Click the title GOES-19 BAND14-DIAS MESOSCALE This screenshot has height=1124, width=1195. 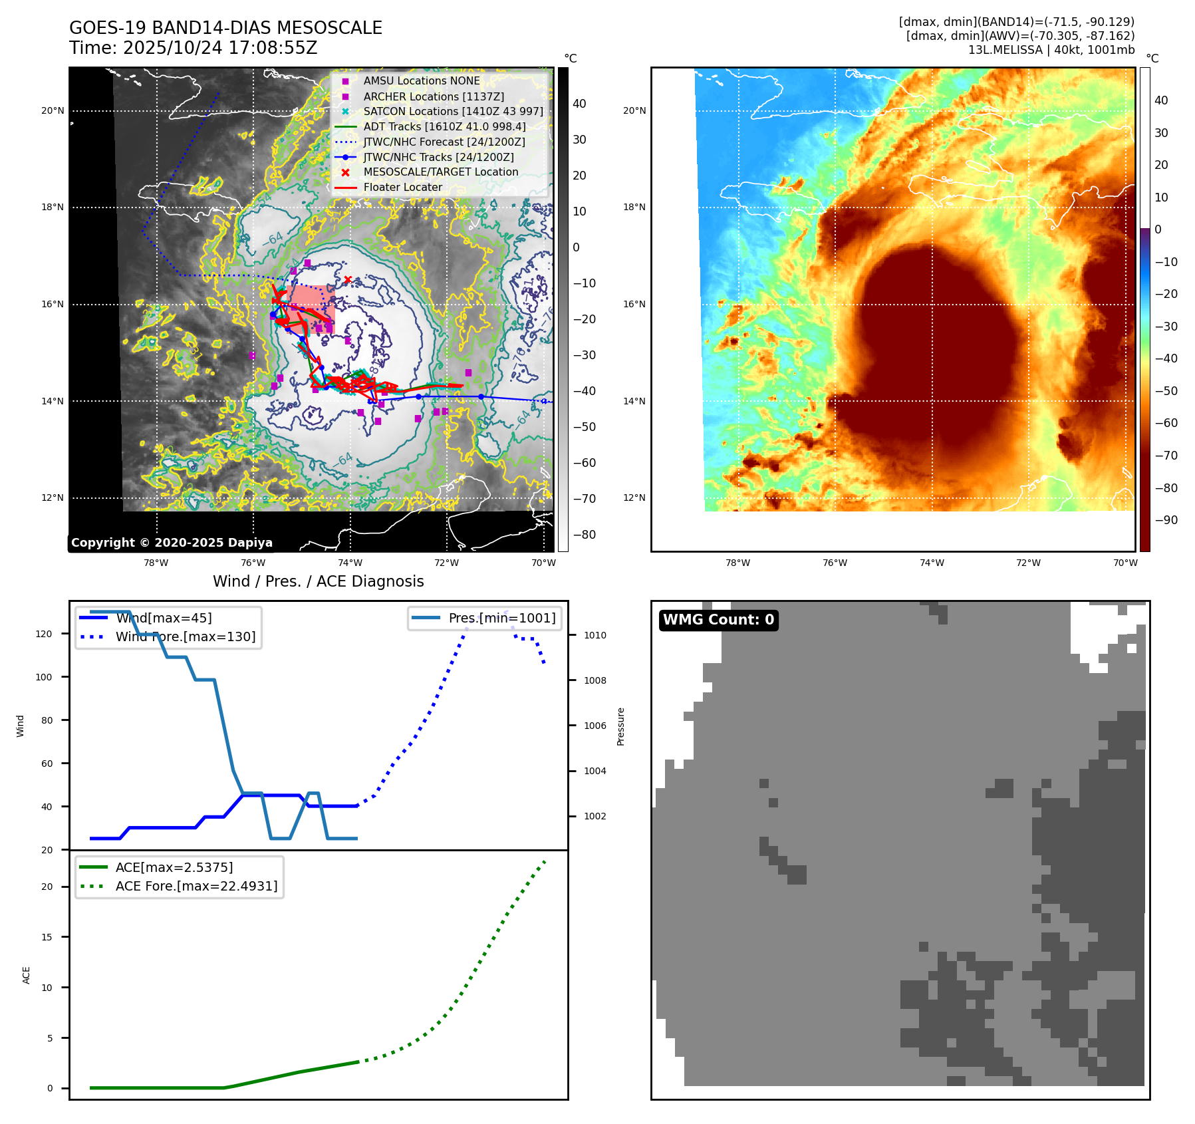point(225,28)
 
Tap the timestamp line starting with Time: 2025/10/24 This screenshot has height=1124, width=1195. point(194,48)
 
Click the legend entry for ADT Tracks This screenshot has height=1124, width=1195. point(444,126)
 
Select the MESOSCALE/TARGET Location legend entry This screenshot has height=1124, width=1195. point(440,172)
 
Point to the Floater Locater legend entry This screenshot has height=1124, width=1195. point(402,187)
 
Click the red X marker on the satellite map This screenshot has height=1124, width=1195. point(348,279)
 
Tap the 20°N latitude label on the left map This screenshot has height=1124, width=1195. point(53,110)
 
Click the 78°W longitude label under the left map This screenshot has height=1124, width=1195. point(156,563)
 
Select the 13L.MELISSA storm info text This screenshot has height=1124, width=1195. point(1051,50)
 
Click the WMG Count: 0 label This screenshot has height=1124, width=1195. point(718,620)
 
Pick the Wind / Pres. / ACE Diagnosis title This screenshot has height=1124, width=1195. point(318,581)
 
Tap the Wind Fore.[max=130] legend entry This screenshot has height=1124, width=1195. point(185,636)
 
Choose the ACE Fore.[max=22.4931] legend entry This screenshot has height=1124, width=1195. point(196,886)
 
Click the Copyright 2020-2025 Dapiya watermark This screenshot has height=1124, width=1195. point(172,543)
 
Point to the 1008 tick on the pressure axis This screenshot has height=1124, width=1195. point(595,680)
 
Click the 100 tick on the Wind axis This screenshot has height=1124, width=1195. point(44,677)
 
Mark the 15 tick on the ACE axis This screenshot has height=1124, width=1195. point(47,937)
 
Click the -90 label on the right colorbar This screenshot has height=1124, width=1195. point(1166,520)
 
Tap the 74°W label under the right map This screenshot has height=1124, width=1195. point(932,563)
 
